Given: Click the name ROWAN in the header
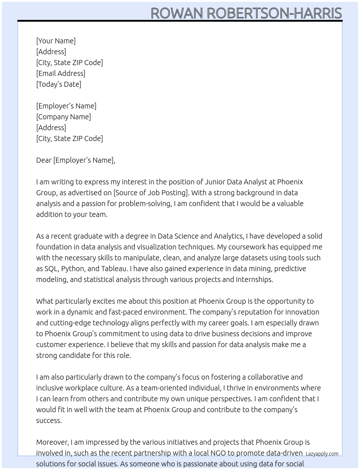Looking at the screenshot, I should pos(177,13).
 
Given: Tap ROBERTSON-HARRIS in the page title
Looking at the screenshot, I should pos(274,13).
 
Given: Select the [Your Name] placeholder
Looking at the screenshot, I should pos(56,41).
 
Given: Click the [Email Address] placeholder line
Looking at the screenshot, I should pos(61,73).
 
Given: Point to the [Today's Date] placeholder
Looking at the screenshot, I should pos(59,84).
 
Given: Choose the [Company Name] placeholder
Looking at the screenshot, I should pos(64,117).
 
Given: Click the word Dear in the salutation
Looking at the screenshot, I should pos(44,160).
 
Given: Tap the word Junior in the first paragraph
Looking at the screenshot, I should pos(216,182).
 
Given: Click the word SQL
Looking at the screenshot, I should pos(51,269).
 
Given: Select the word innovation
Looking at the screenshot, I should pos(302,312).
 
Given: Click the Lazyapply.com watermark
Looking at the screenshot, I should pos(322,454).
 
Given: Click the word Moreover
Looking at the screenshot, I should pos(52,442).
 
